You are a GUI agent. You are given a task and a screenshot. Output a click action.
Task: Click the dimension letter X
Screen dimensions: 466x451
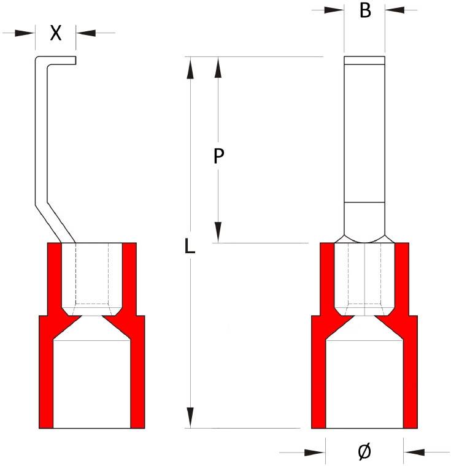point(56,33)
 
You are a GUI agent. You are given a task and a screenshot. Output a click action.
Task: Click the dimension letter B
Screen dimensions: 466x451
point(365,10)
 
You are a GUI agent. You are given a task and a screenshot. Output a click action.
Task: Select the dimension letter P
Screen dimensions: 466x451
point(218,157)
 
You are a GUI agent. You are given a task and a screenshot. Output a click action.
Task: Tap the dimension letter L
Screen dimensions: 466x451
point(190,246)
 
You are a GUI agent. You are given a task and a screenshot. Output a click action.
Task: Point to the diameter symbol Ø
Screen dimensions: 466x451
point(364,452)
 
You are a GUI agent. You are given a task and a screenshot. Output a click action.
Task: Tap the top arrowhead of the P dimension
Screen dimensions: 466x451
point(218,68)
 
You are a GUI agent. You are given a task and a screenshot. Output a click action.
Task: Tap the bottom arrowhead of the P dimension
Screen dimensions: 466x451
point(218,232)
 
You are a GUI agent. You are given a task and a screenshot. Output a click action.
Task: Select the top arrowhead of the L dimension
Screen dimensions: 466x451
point(191,68)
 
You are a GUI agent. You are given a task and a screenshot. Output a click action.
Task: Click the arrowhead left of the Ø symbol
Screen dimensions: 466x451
point(315,453)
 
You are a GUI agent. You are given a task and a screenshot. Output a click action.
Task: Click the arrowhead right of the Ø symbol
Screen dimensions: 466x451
point(414,453)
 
